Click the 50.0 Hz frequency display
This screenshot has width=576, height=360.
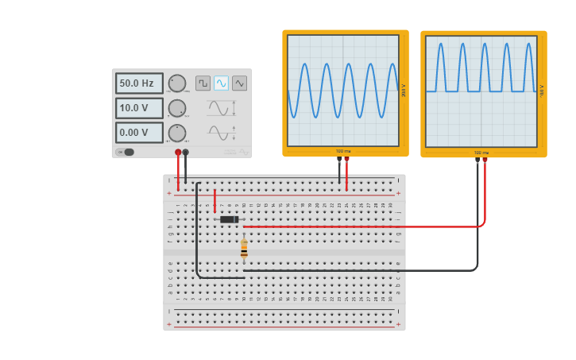point(139,83)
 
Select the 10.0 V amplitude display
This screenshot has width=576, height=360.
point(139,108)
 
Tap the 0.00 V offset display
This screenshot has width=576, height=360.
point(139,133)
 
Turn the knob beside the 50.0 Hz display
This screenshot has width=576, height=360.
point(177,83)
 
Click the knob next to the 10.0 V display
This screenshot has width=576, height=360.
point(177,108)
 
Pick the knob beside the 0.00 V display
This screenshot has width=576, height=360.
point(177,133)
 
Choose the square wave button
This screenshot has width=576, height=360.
point(203,83)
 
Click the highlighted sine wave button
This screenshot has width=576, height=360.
point(221,83)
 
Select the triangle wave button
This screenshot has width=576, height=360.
point(239,83)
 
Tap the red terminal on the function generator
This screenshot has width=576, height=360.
point(178,152)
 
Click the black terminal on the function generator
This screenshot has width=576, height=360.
point(186,152)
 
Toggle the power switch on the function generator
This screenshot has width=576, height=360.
point(126,152)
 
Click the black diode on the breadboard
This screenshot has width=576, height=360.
point(229,219)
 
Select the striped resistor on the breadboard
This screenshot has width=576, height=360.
point(244,249)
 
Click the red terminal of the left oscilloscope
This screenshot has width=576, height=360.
point(346,159)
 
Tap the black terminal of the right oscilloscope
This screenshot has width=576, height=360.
point(477,160)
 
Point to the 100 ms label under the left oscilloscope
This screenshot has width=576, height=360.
point(342,151)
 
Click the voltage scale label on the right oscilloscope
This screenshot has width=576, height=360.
point(542,90)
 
